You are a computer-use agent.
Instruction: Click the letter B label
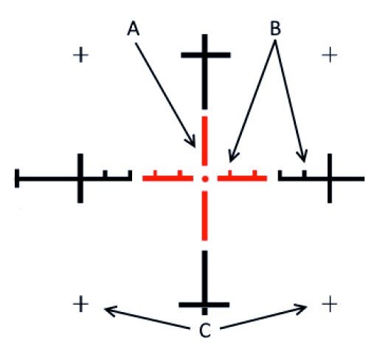[x=275, y=29]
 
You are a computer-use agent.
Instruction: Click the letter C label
[x=206, y=330]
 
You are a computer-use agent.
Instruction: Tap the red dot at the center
[x=206, y=179]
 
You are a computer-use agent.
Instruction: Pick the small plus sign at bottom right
[x=331, y=303]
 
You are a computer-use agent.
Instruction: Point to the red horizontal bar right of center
[x=243, y=179]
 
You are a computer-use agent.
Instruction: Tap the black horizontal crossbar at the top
[x=207, y=55]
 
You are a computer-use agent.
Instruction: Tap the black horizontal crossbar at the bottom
[x=206, y=303]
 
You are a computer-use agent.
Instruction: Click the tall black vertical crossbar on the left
[x=80, y=179]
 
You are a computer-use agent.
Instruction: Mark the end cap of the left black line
[x=17, y=179]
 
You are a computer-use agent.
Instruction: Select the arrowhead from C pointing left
[x=108, y=310]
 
